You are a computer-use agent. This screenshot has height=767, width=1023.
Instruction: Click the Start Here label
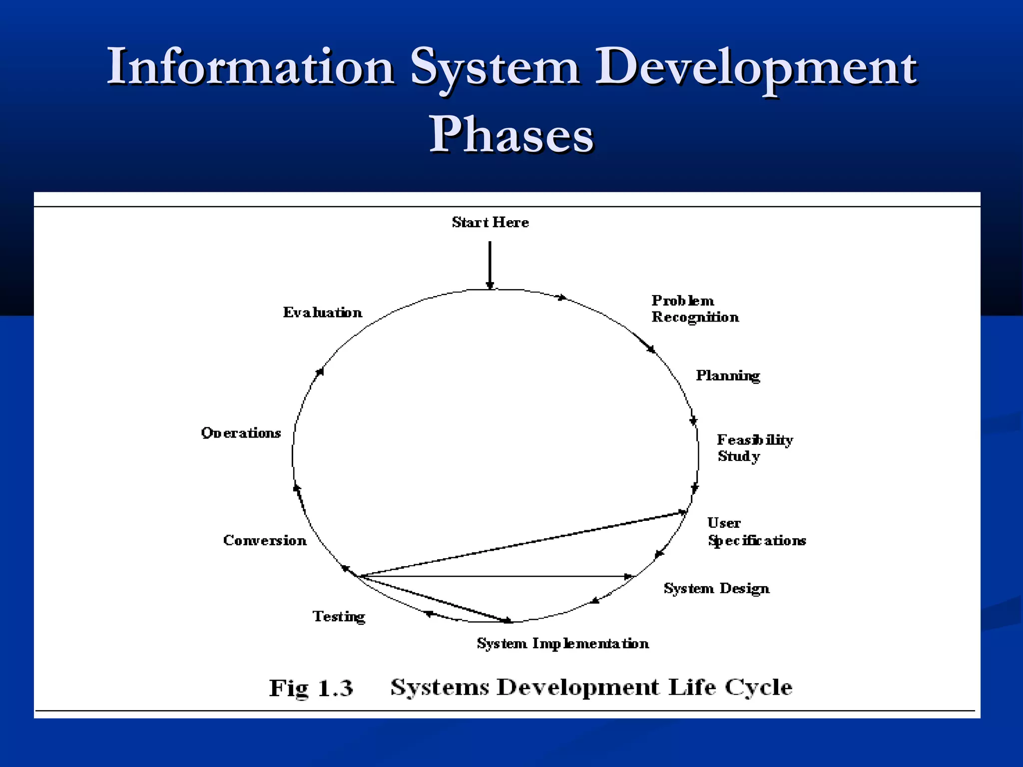click(x=490, y=222)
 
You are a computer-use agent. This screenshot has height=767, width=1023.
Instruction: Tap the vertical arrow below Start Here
click(x=490, y=265)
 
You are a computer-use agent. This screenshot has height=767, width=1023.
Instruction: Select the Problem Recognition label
click(x=695, y=309)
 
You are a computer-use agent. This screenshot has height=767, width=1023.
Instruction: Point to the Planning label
click(x=728, y=376)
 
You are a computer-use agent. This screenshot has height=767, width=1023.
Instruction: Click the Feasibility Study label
click(x=754, y=448)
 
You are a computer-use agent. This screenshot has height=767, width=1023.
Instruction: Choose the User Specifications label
click(x=756, y=532)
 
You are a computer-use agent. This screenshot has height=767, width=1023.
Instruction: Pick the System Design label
click(x=716, y=589)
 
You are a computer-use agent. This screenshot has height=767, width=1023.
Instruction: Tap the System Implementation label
click(x=563, y=643)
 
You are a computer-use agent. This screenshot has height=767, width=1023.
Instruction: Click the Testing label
click(x=339, y=617)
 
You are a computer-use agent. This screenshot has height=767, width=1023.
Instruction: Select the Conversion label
click(x=265, y=540)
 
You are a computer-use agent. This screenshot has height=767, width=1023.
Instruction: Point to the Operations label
click(x=241, y=433)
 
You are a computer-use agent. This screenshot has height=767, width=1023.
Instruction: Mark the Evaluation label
click(x=323, y=313)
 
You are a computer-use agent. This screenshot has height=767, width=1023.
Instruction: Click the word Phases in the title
click(x=511, y=135)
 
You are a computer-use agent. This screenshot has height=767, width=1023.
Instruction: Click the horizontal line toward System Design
click(x=495, y=576)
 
